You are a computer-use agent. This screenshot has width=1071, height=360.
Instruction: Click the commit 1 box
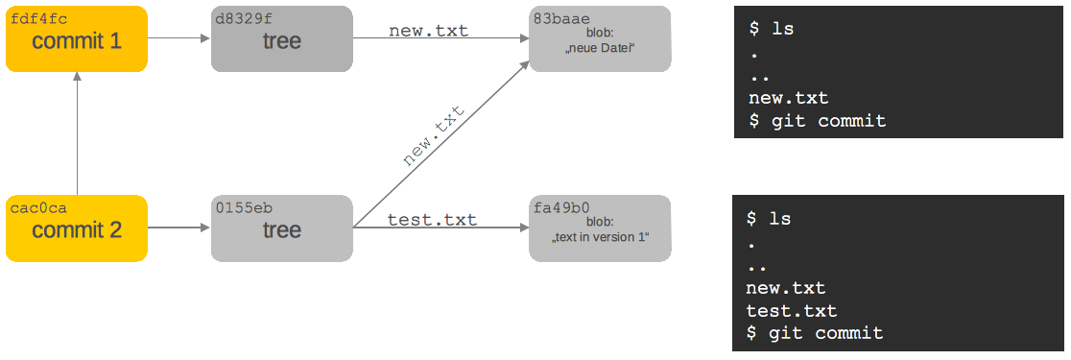[77, 40]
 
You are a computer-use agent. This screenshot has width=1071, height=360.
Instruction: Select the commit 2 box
[77, 230]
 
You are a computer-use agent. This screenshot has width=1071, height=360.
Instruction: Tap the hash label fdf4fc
[39, 18]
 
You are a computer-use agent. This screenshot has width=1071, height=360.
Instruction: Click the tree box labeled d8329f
[282, 40]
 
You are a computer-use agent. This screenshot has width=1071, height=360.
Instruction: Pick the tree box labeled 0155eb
[282, 230]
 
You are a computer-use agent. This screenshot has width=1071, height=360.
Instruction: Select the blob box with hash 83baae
[600, 40]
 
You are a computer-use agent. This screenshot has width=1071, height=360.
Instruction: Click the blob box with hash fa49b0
[600, 230]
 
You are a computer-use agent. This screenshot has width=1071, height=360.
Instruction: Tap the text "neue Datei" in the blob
[600, 48]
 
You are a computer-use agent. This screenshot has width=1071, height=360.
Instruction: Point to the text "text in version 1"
[600, 237]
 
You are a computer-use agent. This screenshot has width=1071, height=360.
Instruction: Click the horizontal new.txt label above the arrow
[428, 31]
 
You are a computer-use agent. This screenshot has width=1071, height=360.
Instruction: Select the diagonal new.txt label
[434, 137]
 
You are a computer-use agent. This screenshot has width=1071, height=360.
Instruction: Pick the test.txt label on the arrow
[432, 220]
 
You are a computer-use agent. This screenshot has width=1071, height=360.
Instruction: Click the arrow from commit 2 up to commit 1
[77, 134]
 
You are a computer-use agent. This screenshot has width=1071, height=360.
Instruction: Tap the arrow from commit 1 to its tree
[178, 39]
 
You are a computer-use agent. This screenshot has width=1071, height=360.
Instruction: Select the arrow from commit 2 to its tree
[178, 228]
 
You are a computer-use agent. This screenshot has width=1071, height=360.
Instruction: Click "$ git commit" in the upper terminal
[818, 121]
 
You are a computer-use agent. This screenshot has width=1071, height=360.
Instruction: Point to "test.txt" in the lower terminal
[792, 311]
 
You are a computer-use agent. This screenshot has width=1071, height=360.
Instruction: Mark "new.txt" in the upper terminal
[789, 98]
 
